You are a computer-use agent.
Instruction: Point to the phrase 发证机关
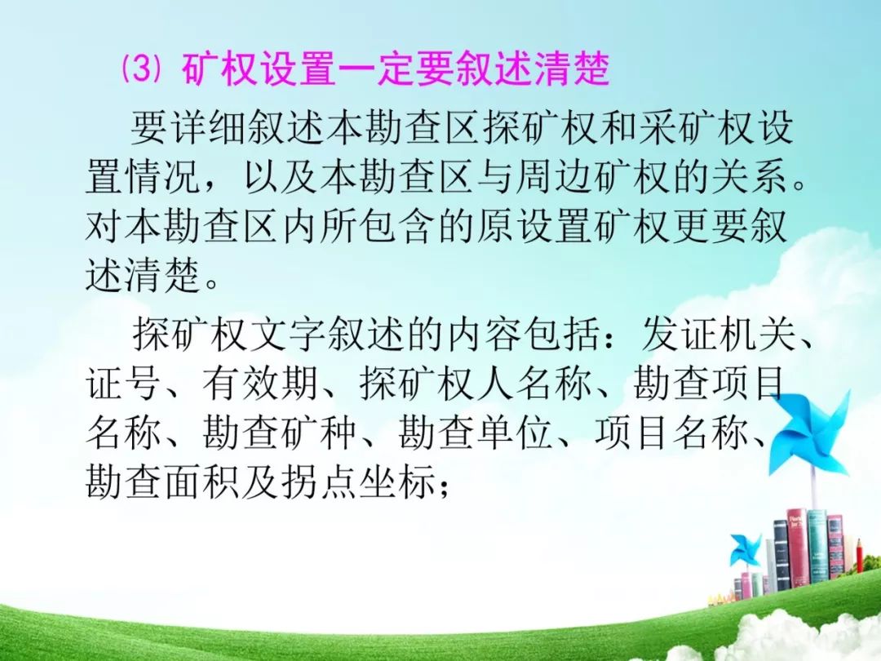point(719,335)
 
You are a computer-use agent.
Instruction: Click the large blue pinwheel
point(811,432)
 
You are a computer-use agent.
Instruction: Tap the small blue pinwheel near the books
point(746,551)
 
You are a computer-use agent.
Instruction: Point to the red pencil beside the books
point(860,556)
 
